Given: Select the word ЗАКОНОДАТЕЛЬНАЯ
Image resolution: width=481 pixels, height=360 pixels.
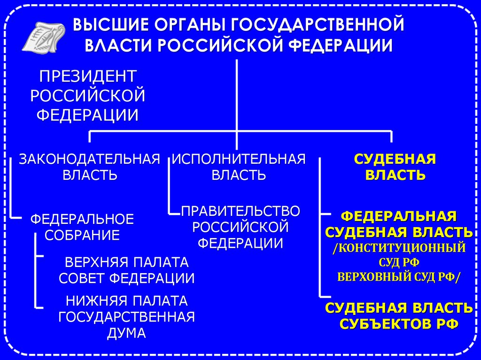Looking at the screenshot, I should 89,159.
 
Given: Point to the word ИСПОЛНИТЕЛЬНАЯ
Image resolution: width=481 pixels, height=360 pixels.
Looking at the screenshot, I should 239,159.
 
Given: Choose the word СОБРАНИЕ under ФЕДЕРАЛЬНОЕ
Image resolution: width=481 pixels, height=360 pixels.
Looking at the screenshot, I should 82,235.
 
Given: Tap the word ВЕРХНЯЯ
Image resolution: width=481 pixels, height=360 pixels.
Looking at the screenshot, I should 95,261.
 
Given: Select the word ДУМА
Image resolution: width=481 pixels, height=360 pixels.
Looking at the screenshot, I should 126,332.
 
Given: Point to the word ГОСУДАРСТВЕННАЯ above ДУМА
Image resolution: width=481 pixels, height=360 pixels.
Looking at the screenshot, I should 126,316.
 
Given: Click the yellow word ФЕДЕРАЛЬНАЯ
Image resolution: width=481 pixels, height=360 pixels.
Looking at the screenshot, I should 399,217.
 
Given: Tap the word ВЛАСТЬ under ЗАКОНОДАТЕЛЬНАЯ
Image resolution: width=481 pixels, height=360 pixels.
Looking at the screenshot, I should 89,175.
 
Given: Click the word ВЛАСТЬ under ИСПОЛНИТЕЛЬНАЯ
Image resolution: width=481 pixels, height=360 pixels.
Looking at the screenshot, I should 239,175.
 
